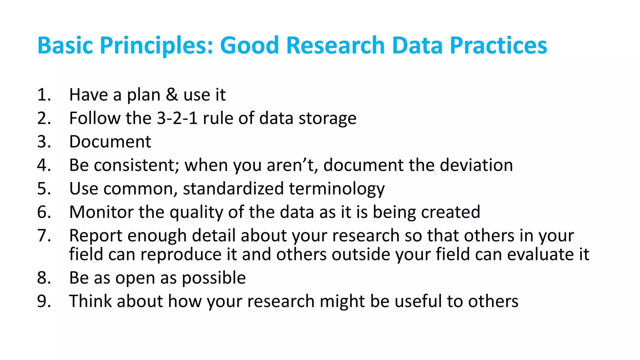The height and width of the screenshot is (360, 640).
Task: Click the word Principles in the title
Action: coord(156,46)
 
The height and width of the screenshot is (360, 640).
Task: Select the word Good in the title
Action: coord(249,46)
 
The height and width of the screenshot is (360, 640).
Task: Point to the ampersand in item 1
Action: coord(172,95)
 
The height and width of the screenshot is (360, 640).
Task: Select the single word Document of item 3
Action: coord(110,142)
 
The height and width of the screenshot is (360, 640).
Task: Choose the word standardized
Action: coord(233,188)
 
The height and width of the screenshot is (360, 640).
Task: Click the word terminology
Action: coord(337,189)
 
